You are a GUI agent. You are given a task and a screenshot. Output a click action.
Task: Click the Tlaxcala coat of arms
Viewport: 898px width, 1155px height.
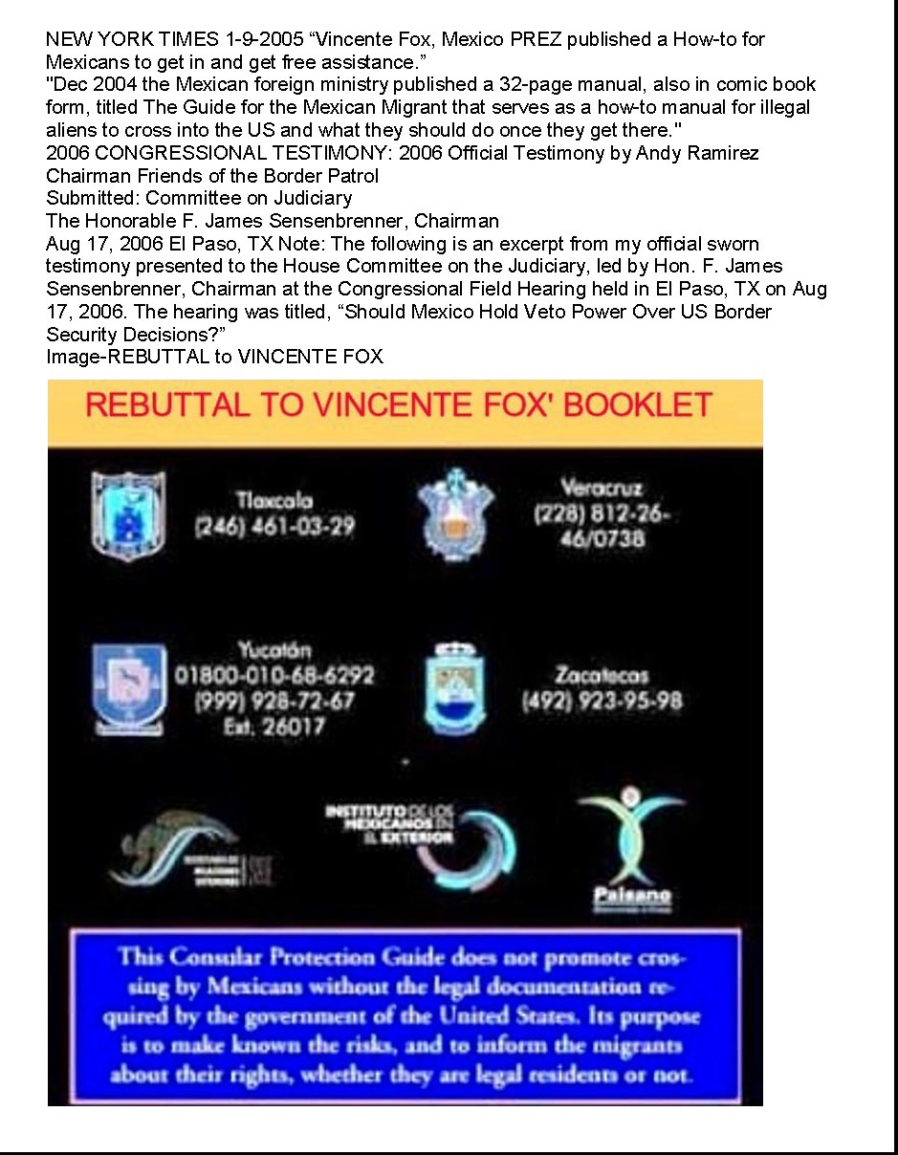point(128,516)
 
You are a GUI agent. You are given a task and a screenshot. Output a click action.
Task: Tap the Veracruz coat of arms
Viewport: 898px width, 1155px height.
point(455,514)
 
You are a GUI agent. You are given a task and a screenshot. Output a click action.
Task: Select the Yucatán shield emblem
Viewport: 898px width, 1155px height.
point(130,689)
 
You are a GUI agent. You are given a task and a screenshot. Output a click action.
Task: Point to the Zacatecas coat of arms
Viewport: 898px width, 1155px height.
point(455,689)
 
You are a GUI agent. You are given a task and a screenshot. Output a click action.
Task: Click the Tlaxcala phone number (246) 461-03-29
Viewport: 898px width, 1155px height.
point(274,526)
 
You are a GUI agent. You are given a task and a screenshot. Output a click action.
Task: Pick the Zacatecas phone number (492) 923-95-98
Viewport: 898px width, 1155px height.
point(602,701)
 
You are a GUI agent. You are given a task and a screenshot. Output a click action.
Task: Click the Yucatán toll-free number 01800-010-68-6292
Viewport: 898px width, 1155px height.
point(274,675)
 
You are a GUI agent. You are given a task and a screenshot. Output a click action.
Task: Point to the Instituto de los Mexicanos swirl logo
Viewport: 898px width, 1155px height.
point(469,841)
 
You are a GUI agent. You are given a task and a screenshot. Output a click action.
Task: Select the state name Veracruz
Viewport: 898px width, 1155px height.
point(602,488)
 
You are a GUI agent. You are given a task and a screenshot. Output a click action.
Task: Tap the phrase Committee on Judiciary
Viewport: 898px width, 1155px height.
point(249,198)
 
